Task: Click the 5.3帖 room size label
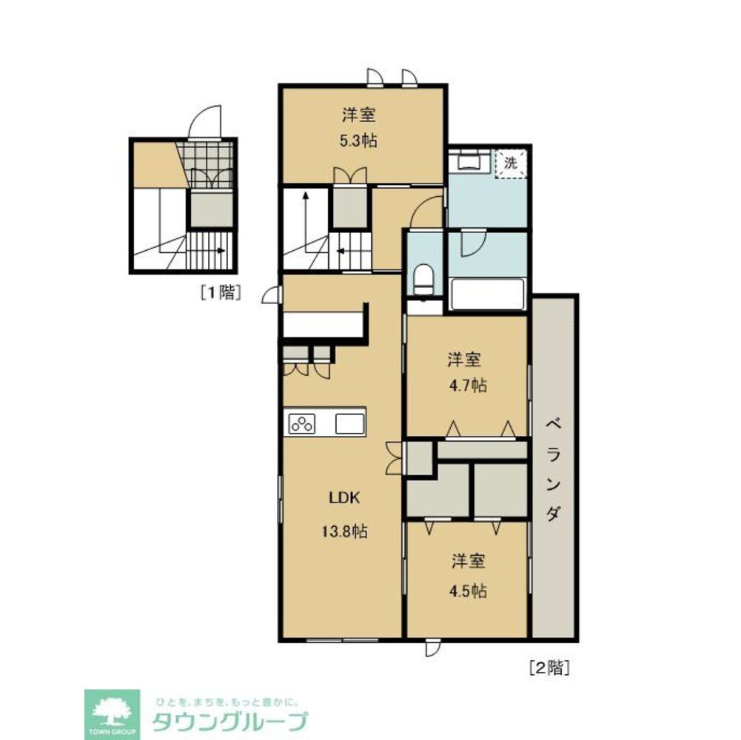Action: click(x=359, y=141)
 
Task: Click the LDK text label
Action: click(x=343, y=498)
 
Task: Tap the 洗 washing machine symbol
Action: click(x=511, y=163)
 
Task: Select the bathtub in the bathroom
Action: click(x=487, y=295)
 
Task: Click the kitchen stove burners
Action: click(x=302, y=424)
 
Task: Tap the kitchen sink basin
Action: click(x=349, y=424)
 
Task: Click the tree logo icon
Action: click(x=111, y=711)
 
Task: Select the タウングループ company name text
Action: click(x=229, y=721)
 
